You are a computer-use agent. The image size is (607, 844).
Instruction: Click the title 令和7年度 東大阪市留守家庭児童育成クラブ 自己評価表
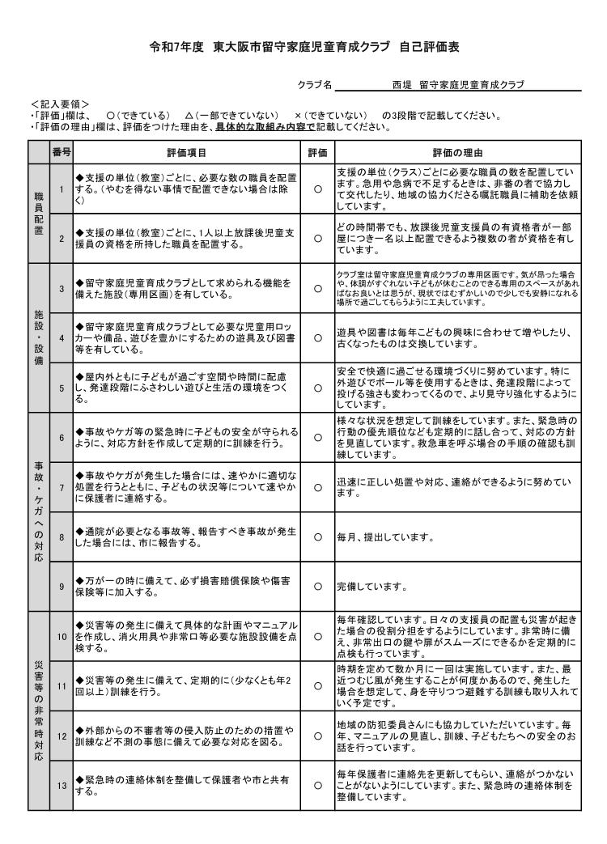click(x=304, y=48)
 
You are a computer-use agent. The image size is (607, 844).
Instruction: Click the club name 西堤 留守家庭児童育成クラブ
click(x=458, y=84)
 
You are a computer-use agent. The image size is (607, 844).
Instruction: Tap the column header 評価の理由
click(x=457, y=152)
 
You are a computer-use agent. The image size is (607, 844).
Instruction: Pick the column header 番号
click(x=62, y=152)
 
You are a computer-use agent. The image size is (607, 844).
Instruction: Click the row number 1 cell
click(x=62, y=189)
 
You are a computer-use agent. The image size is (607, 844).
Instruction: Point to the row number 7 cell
click(x=62, y=487)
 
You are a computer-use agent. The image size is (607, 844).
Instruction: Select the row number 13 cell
click(x=62, y=785)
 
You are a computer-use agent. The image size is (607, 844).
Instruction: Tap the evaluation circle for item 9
click(x=317, y=586)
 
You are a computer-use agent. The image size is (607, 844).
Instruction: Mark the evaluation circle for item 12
click(x=317, y=736)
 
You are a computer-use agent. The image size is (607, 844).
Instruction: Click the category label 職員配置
click(x=38, y=213)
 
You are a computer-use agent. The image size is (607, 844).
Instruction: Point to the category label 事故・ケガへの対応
click(x=38, y=511)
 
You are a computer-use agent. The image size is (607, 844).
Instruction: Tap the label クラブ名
click(x=315, y=85)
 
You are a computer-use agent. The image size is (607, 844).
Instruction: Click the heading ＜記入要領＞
click(x=60, y=104)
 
